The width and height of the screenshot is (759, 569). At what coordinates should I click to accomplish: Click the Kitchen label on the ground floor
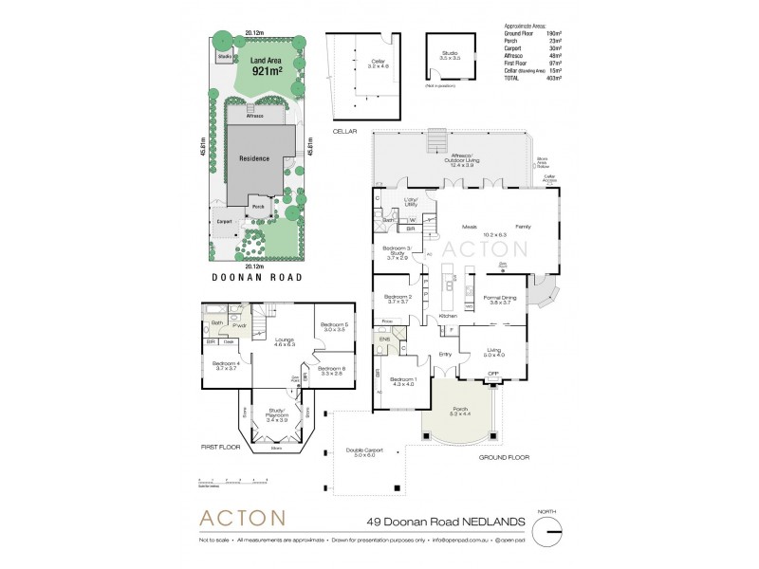click(447, 315)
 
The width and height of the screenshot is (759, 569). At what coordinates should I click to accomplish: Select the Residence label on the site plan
click(253, 158)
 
